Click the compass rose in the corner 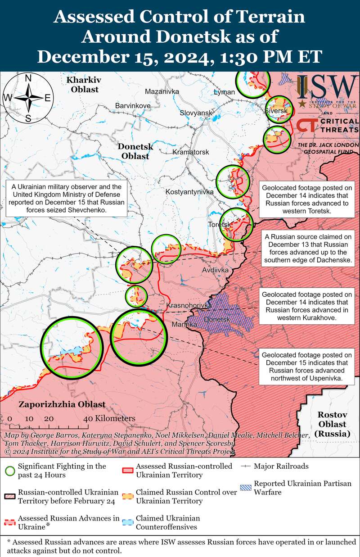28,98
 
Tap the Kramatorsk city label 191,152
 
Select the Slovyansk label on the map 196,113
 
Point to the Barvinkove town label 133,105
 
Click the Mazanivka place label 162,92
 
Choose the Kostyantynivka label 189,192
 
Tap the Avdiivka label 216,270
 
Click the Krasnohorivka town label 189,305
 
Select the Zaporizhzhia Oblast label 62,404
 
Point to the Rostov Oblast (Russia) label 332,424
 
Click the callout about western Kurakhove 306,306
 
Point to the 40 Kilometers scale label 109,418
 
